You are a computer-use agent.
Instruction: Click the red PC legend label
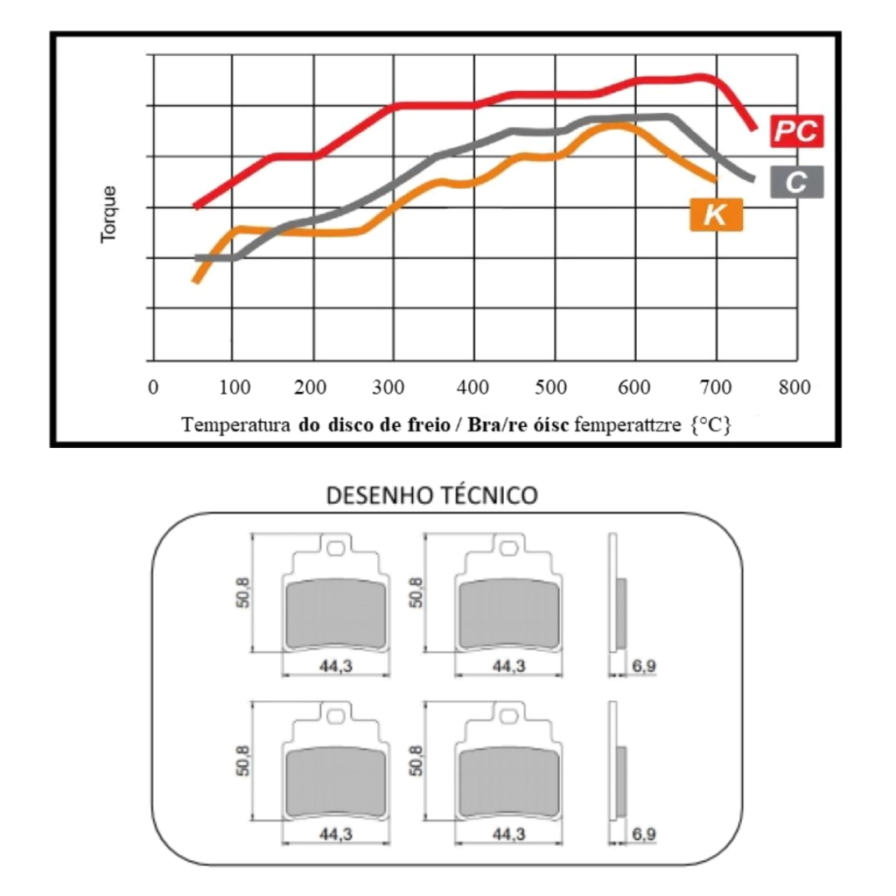tap(796, 131)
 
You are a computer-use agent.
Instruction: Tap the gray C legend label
tap(796, 181)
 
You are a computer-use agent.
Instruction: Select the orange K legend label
tap(716, 213)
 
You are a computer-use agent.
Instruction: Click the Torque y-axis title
tap(108, 213)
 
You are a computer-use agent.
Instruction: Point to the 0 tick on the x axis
tap(153, 387)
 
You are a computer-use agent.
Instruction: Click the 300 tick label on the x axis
tap(392, 387)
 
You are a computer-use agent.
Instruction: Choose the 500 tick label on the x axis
tap(553, 387)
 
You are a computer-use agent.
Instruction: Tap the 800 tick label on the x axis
tap(795, 387)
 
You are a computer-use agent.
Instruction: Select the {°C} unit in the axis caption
tap(709, 425)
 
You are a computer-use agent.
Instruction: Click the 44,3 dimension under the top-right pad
tap(508, 667)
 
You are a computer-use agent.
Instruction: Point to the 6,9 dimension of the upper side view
tap(643, 667)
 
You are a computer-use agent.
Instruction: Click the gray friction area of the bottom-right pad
tap(508, 782)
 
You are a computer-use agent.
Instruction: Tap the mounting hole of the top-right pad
tap(508, 549)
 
